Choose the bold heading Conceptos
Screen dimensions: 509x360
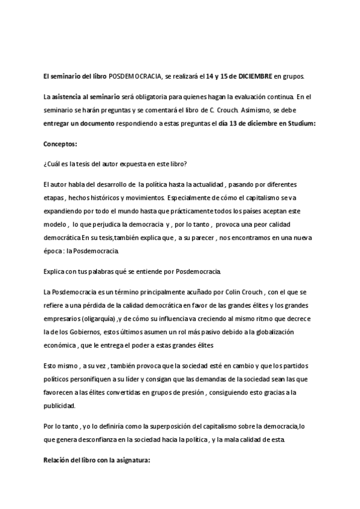(60, 144)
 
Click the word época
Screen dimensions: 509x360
(54, 250)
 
